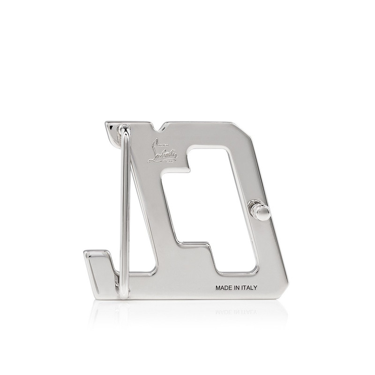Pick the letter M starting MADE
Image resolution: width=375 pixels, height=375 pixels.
pyautogui.click(x=217, y=289)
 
